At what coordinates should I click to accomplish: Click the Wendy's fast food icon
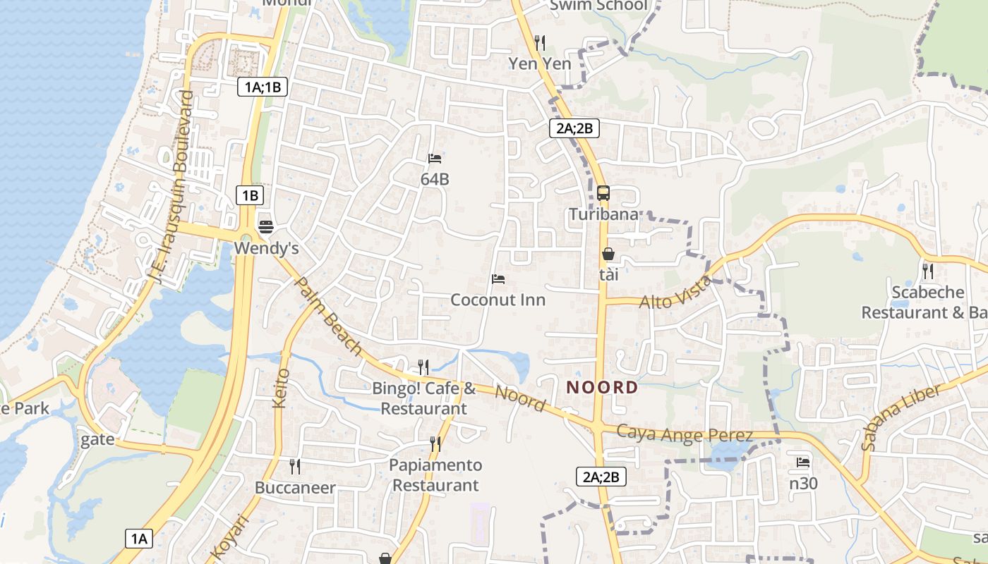(266, 226)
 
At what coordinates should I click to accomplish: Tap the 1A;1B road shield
(263, 87)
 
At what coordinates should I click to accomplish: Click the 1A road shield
(139, 539)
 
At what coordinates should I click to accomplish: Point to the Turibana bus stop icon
(603, 192)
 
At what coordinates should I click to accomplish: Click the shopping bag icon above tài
(608, 254)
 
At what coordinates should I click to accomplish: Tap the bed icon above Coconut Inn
(498, 279)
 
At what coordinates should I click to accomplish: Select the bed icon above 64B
(434, 159)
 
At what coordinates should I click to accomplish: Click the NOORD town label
(602, 387)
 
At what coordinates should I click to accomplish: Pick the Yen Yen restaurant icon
(540, 42)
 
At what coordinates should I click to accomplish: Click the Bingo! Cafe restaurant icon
(423, 367)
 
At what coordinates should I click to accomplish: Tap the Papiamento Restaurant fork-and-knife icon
(435, 443)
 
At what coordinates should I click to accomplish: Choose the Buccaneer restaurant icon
(295, 466)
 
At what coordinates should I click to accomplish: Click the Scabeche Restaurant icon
(927, 271)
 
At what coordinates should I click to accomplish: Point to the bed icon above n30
(802, 462)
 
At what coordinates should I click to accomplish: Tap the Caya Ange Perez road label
(685, 434)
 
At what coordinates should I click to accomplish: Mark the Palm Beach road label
(327, 317)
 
